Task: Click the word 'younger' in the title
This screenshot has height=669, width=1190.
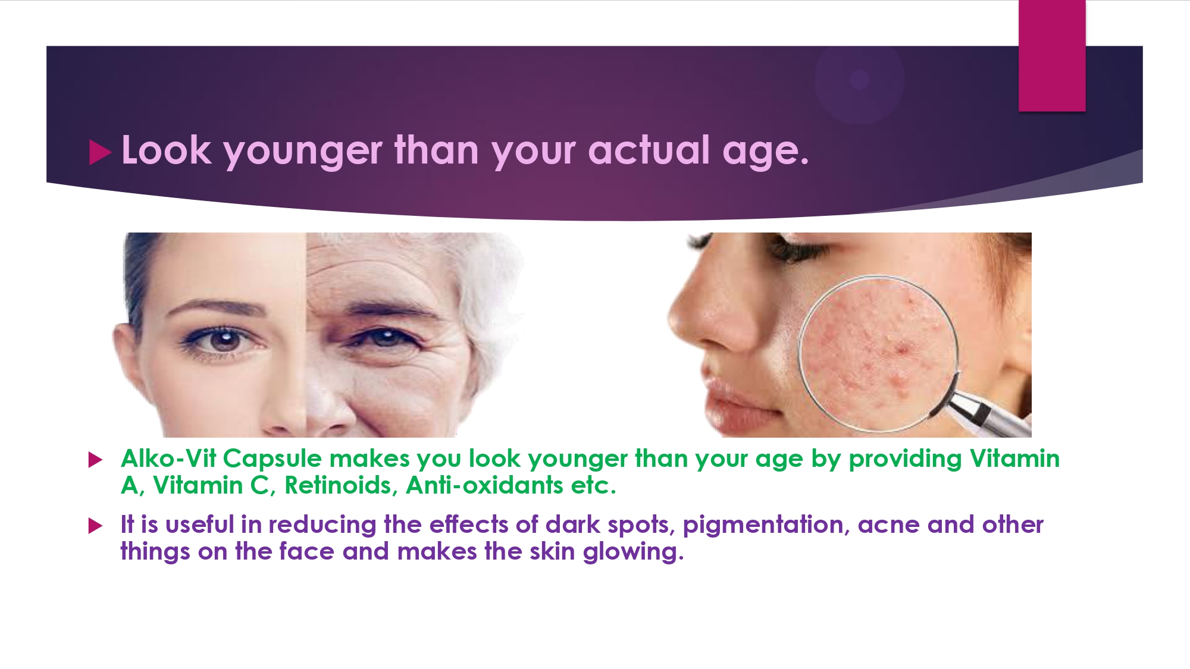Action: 302,152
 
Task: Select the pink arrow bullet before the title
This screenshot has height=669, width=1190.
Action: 100,152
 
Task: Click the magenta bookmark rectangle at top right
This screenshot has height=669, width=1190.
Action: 1052,55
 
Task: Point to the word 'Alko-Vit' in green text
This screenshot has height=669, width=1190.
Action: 168,458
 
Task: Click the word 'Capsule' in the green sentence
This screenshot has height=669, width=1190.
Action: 273,459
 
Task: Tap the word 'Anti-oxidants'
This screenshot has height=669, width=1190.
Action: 484,485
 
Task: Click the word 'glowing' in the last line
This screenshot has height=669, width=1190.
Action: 633,552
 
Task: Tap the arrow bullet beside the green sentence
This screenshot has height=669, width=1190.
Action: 95,460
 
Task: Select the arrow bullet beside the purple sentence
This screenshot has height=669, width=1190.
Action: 95,526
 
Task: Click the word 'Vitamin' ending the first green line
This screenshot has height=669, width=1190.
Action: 1014,458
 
